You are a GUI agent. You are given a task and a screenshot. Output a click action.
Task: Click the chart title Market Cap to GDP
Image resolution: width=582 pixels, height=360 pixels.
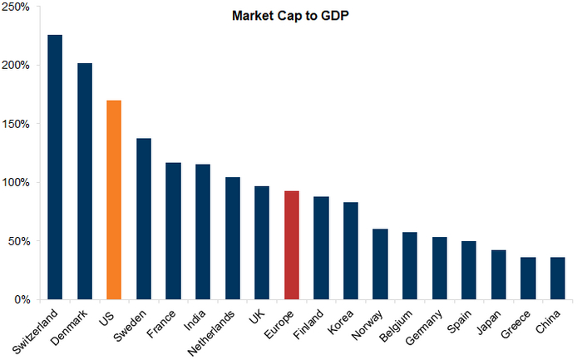click(x=289, y=15)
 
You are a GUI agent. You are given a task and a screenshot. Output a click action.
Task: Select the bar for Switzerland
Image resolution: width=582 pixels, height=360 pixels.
click(x=55, y=166)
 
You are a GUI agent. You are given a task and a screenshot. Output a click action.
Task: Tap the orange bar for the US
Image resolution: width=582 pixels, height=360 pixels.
click(x=114, y=200)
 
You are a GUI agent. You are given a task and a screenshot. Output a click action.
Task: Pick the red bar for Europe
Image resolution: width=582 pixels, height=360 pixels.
click(x=291, y=245)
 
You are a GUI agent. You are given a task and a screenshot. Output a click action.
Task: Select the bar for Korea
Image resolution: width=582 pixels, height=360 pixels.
click(x=351, y=250)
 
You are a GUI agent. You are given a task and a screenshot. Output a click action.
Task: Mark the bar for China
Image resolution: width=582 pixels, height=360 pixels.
click(x=558, y=279)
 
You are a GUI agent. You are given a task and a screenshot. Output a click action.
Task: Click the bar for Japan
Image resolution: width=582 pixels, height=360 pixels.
click(x=499, y=274)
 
